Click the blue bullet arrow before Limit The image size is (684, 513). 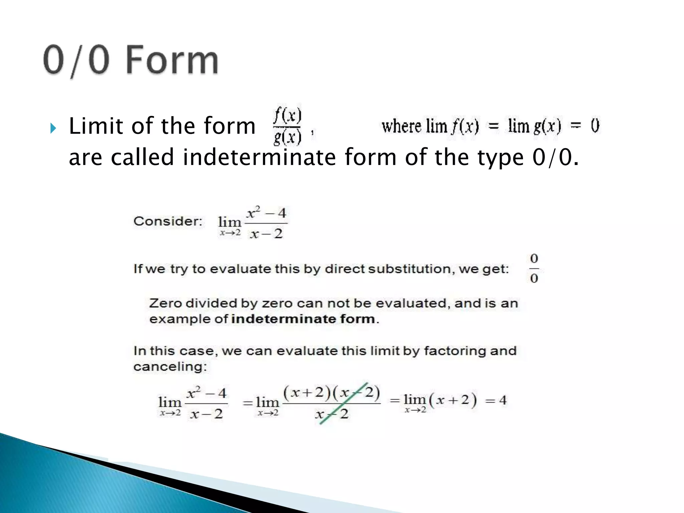click(53, 128)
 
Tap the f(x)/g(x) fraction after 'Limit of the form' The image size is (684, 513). click(288, 126)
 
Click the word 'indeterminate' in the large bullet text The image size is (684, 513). click(259, 157)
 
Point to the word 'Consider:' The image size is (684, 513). click(168, 221)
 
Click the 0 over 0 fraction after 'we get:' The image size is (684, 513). click(534, 268)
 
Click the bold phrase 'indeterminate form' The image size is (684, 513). click(303, 319)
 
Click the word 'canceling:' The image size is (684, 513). click(170, 367)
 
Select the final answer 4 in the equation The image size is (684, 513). click(503, 400)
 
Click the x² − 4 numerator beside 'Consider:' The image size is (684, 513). click(266, 213)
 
